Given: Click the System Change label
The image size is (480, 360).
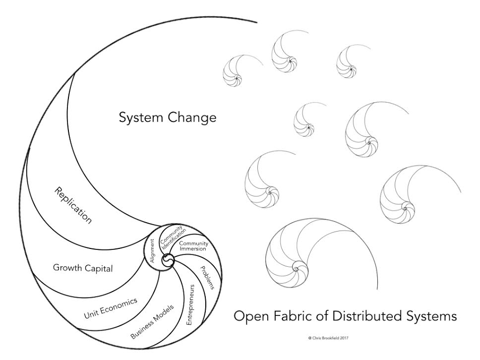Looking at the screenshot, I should pos(168,118).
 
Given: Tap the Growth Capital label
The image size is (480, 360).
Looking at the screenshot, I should pos(83,268).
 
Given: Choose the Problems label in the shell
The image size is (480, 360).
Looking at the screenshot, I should pos(207,278).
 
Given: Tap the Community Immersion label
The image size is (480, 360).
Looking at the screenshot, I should pos(193,246).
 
